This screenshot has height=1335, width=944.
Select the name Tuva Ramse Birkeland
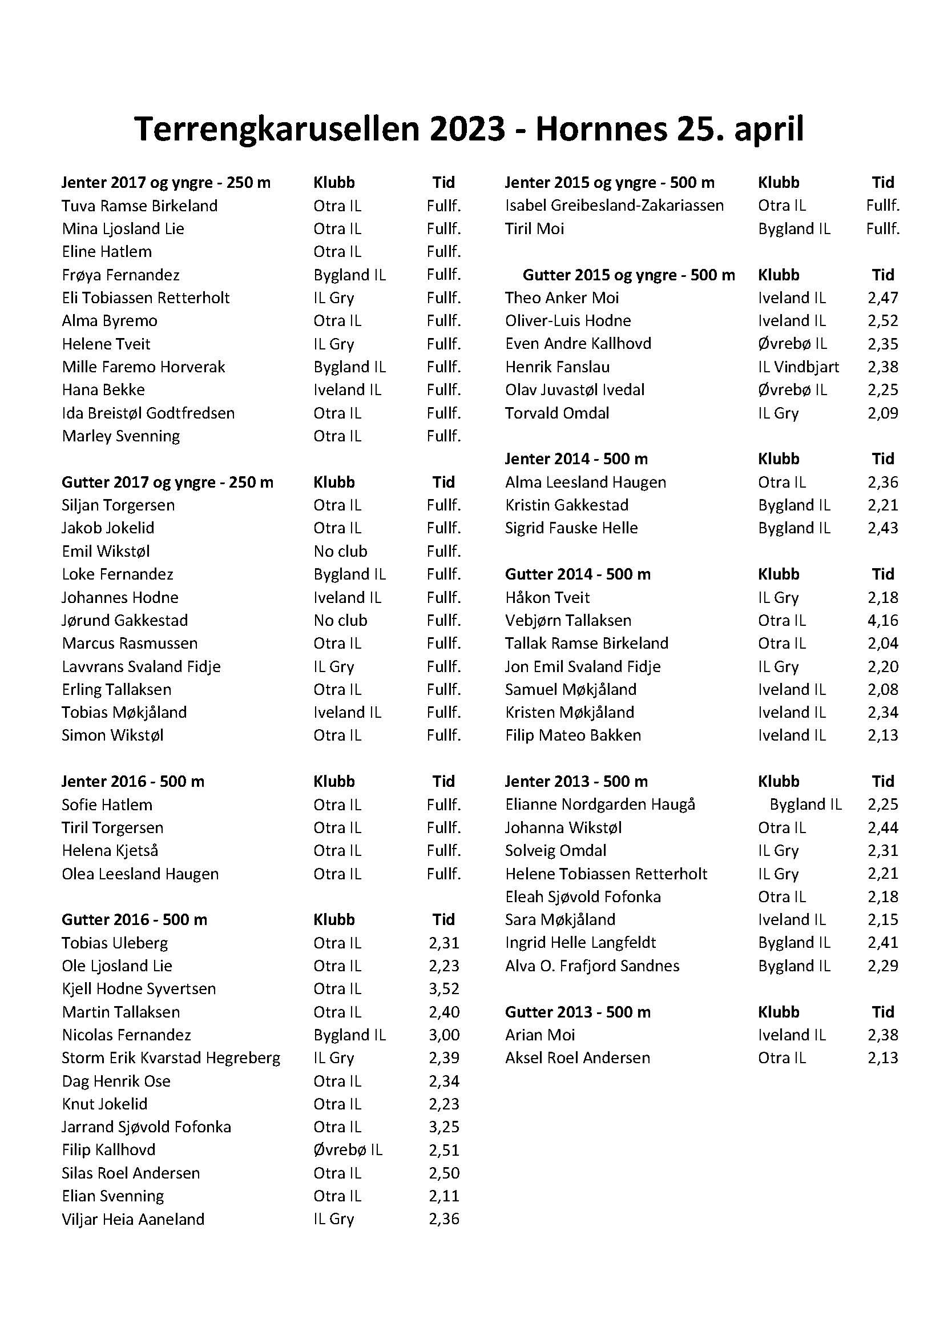pos(139,206)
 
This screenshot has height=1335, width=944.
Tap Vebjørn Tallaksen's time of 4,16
pos(882,621)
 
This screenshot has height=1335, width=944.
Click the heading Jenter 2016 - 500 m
pos(133,782)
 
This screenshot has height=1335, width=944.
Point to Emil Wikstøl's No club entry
pos(340,551)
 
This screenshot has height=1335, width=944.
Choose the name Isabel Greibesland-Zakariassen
pos(615,206)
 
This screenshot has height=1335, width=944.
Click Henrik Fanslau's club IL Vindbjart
pos(798,367)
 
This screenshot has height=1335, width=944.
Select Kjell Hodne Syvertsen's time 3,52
pos(443,989)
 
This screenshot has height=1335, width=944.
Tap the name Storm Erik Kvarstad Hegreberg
pos(171,1058)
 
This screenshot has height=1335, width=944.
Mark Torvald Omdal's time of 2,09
pos(882,413)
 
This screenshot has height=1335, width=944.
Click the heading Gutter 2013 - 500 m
pos(577,1012)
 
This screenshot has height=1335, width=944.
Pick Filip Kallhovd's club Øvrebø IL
pos(348,1150)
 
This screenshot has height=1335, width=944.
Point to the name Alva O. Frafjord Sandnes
pos(592,966)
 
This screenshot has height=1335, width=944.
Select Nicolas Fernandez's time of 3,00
pos(443,1035)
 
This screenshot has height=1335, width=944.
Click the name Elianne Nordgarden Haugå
pos(600,805)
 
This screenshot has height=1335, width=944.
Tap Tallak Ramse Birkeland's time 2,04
pos(882,644)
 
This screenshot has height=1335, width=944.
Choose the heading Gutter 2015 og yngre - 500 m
pos(628,275)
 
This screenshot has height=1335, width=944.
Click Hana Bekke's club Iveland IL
pos(347,390)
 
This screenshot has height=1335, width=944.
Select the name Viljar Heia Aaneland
pos(133,1219)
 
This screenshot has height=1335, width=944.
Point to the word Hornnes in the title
pos(600,129)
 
